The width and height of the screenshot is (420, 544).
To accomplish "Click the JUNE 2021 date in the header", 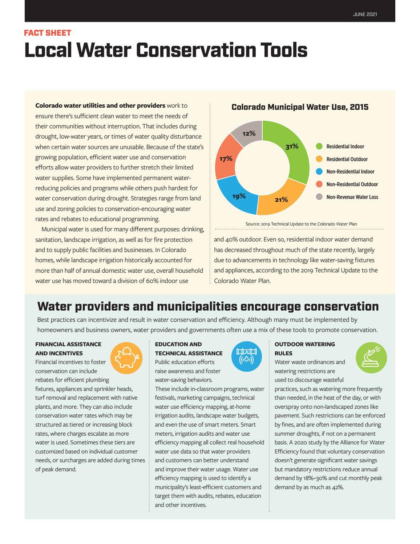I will [x=365, y=15].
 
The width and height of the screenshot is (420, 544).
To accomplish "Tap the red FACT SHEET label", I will [x=47, y=33].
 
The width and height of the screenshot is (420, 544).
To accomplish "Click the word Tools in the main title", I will [x=283, y=50].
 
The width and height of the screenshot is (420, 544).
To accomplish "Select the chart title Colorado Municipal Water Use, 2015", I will [x=300, y=107].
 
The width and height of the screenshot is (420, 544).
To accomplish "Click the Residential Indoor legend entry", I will [x=345, y=147].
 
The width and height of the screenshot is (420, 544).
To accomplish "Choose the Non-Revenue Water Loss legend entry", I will [x=352, y=197].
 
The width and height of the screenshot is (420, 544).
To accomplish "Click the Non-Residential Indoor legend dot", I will [x=319, y=172].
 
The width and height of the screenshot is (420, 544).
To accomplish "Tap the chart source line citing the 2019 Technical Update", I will [x=301, y=224].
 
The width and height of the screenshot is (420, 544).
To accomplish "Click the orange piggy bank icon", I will [x=126, y=358].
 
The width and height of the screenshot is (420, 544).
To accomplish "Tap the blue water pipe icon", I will [x=246, y=356].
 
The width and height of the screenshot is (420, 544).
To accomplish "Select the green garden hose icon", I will [x=371, y=357].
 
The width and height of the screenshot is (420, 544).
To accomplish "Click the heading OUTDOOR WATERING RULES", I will [x=304, y=348].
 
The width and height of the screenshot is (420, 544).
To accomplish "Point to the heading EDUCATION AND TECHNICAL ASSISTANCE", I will [x=188, y=348].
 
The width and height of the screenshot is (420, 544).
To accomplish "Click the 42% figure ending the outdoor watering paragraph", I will [x=337, y=487].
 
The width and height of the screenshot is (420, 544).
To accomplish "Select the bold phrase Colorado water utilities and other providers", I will [x=100, y=105].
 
